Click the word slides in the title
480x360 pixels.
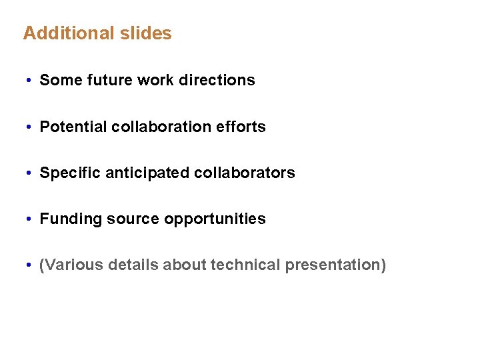147,33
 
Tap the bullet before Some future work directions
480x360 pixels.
30,81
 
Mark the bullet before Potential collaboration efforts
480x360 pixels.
30,127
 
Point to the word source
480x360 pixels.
130,219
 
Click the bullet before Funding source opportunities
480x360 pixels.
30,219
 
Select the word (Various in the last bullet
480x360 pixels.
69,265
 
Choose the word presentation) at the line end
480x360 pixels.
335,265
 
